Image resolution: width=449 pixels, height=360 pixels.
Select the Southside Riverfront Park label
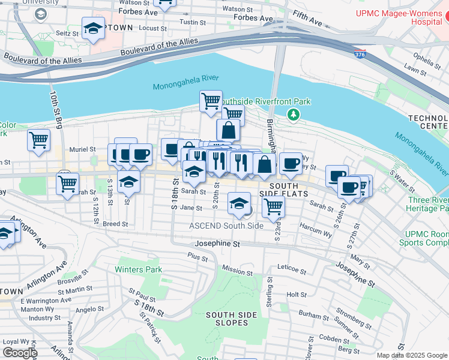tap(266, 101)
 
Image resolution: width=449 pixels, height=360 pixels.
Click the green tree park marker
tap(293, 113)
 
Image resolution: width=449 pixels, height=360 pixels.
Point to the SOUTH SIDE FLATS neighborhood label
tap(284, 189)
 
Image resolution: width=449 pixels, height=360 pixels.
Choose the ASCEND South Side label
tap(226, 226)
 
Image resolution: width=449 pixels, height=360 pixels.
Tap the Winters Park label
tap(139, 269)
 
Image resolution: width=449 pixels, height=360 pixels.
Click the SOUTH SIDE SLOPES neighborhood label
tap(227, 319)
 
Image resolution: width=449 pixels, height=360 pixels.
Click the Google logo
tap(20, 353)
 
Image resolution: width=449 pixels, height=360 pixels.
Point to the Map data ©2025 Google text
tap(412, 355)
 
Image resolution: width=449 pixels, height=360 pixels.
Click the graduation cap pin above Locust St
tap(93, 28)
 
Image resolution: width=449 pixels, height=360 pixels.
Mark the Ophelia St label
tap(423, 59)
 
